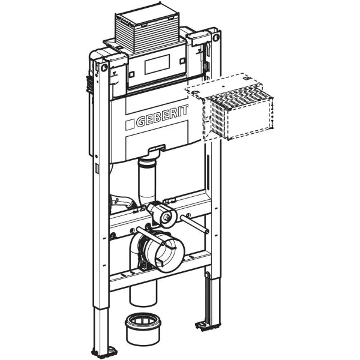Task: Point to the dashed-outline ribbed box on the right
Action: click(236, 110)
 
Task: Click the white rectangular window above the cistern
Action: click(157, 65)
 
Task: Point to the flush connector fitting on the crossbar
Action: click(160, 212)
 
